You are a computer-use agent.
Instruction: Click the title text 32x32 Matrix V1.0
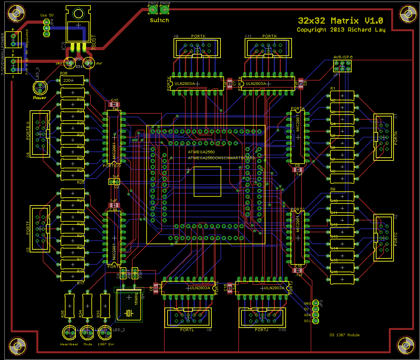(x=340, y=21)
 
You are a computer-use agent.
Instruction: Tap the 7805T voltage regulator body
(x=78, y=26)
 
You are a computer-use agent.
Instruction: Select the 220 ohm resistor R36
(x=72, y=81)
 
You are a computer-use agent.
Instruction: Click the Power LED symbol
(x=40, y=87)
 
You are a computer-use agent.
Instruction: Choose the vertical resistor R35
(x=70, y=306)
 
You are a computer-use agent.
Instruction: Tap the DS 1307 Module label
(x=345, y=335)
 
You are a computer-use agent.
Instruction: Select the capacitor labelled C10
(x=115, y=104)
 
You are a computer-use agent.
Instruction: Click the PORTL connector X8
(x=188, y=317)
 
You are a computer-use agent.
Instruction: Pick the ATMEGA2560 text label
(x=201, y=152)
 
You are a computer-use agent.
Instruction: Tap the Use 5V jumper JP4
(x=46, y=28)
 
